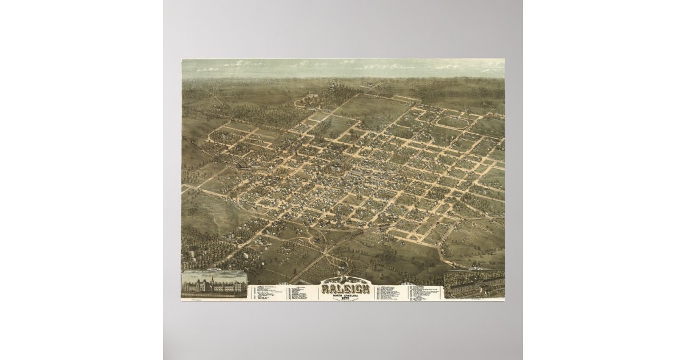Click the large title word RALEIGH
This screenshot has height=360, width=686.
(345, 288)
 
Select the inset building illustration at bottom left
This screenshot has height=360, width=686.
(214, 284)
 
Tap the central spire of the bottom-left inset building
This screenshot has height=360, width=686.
(212, 279)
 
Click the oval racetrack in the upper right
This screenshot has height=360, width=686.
(453, 122)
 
